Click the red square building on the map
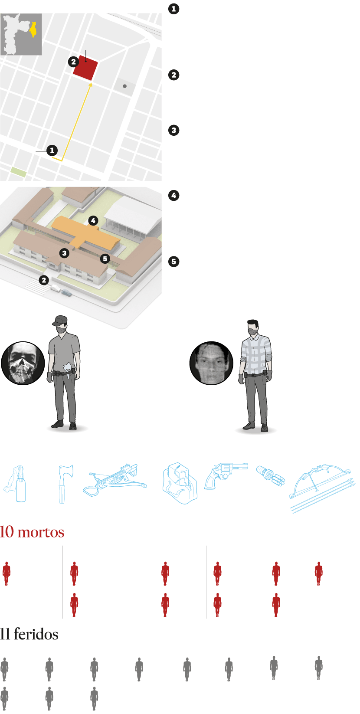[85, 68]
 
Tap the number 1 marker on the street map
[52, 150]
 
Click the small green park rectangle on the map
[19, 172]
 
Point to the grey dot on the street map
[124, 86]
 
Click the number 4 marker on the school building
[93, 220]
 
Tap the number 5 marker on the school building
[105, 259]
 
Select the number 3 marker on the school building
[64, 253]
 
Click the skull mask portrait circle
[23, 363]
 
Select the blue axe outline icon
[65, 484]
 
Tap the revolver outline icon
[225, 475]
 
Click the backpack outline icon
[180, 483]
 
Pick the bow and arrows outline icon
[322, 488]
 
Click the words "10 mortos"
[32, 532]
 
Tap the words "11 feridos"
[29, 634]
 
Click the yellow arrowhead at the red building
[91, 85]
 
